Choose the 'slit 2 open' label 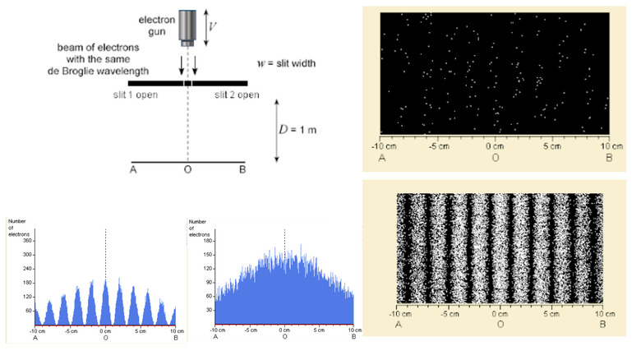point(237,95)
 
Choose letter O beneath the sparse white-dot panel point(496,154)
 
